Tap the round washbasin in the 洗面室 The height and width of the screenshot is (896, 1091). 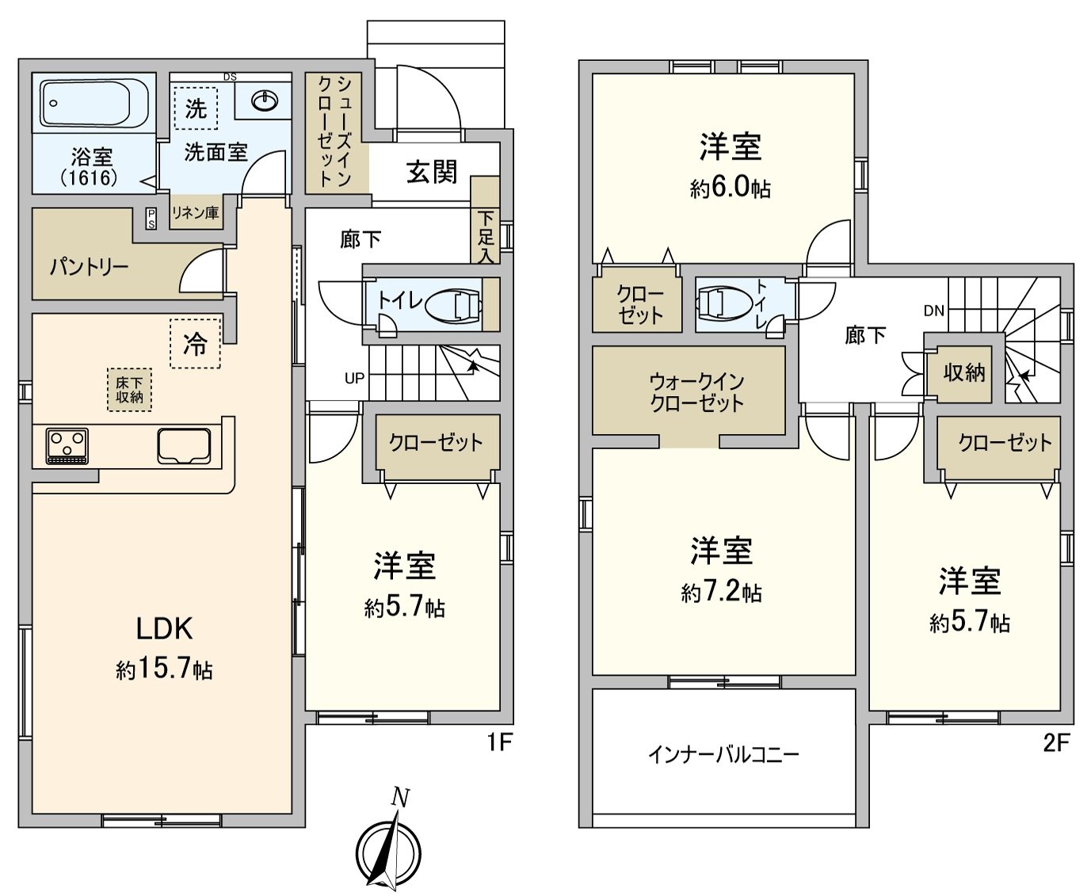coord(264,101)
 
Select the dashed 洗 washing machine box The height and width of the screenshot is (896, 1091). coord(196,108)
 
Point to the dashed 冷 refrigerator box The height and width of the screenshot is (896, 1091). coord(195,344)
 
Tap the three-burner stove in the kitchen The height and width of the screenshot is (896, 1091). coord(67,444)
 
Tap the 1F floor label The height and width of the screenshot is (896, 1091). coord(501,743)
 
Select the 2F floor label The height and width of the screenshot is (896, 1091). coord(1056,743)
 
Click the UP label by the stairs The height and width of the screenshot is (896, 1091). coord(354,379)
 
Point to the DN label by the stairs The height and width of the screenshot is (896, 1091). coord(933,311)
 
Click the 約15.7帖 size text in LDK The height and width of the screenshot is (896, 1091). coord(164,669)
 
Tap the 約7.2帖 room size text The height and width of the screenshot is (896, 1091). coord(721,592)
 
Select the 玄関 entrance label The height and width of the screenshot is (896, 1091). coord(432,171)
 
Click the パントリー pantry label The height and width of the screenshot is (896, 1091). coord(89,266)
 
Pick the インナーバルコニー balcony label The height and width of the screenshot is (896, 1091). coord(723,754)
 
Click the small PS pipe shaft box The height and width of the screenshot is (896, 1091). coord(151,218)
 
